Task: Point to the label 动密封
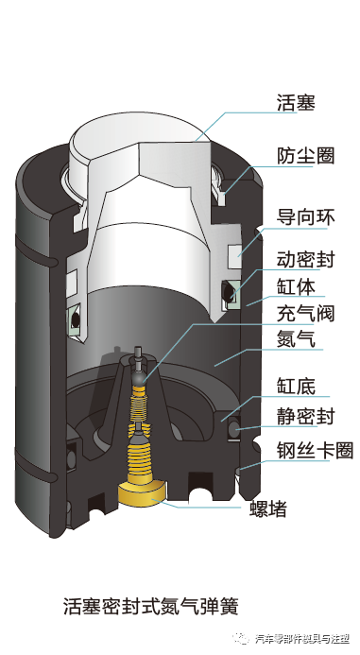point(305,259)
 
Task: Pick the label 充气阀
point(305,313)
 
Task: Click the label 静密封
point(305,415)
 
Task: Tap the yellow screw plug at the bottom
point(141,493)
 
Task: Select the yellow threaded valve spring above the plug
point(141,454)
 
